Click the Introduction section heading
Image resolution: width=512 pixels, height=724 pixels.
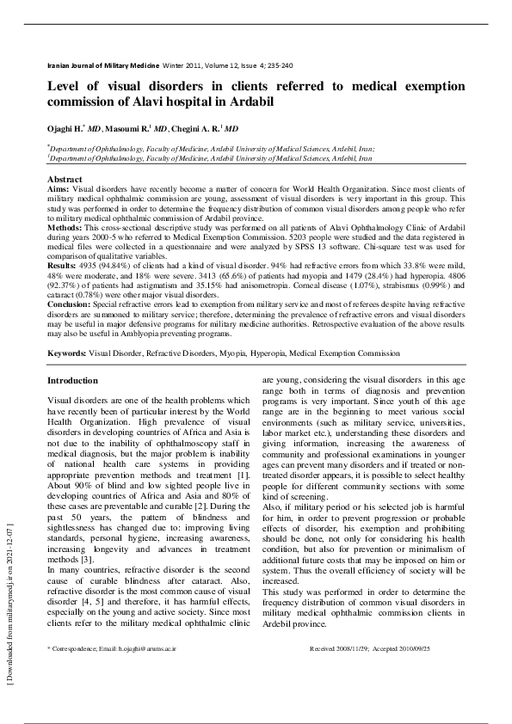pos(72,380)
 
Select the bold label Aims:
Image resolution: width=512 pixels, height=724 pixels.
pos(59,187)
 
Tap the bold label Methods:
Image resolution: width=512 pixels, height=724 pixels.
pos(65,228)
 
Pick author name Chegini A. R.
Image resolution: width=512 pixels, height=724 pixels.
pos(194,128)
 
